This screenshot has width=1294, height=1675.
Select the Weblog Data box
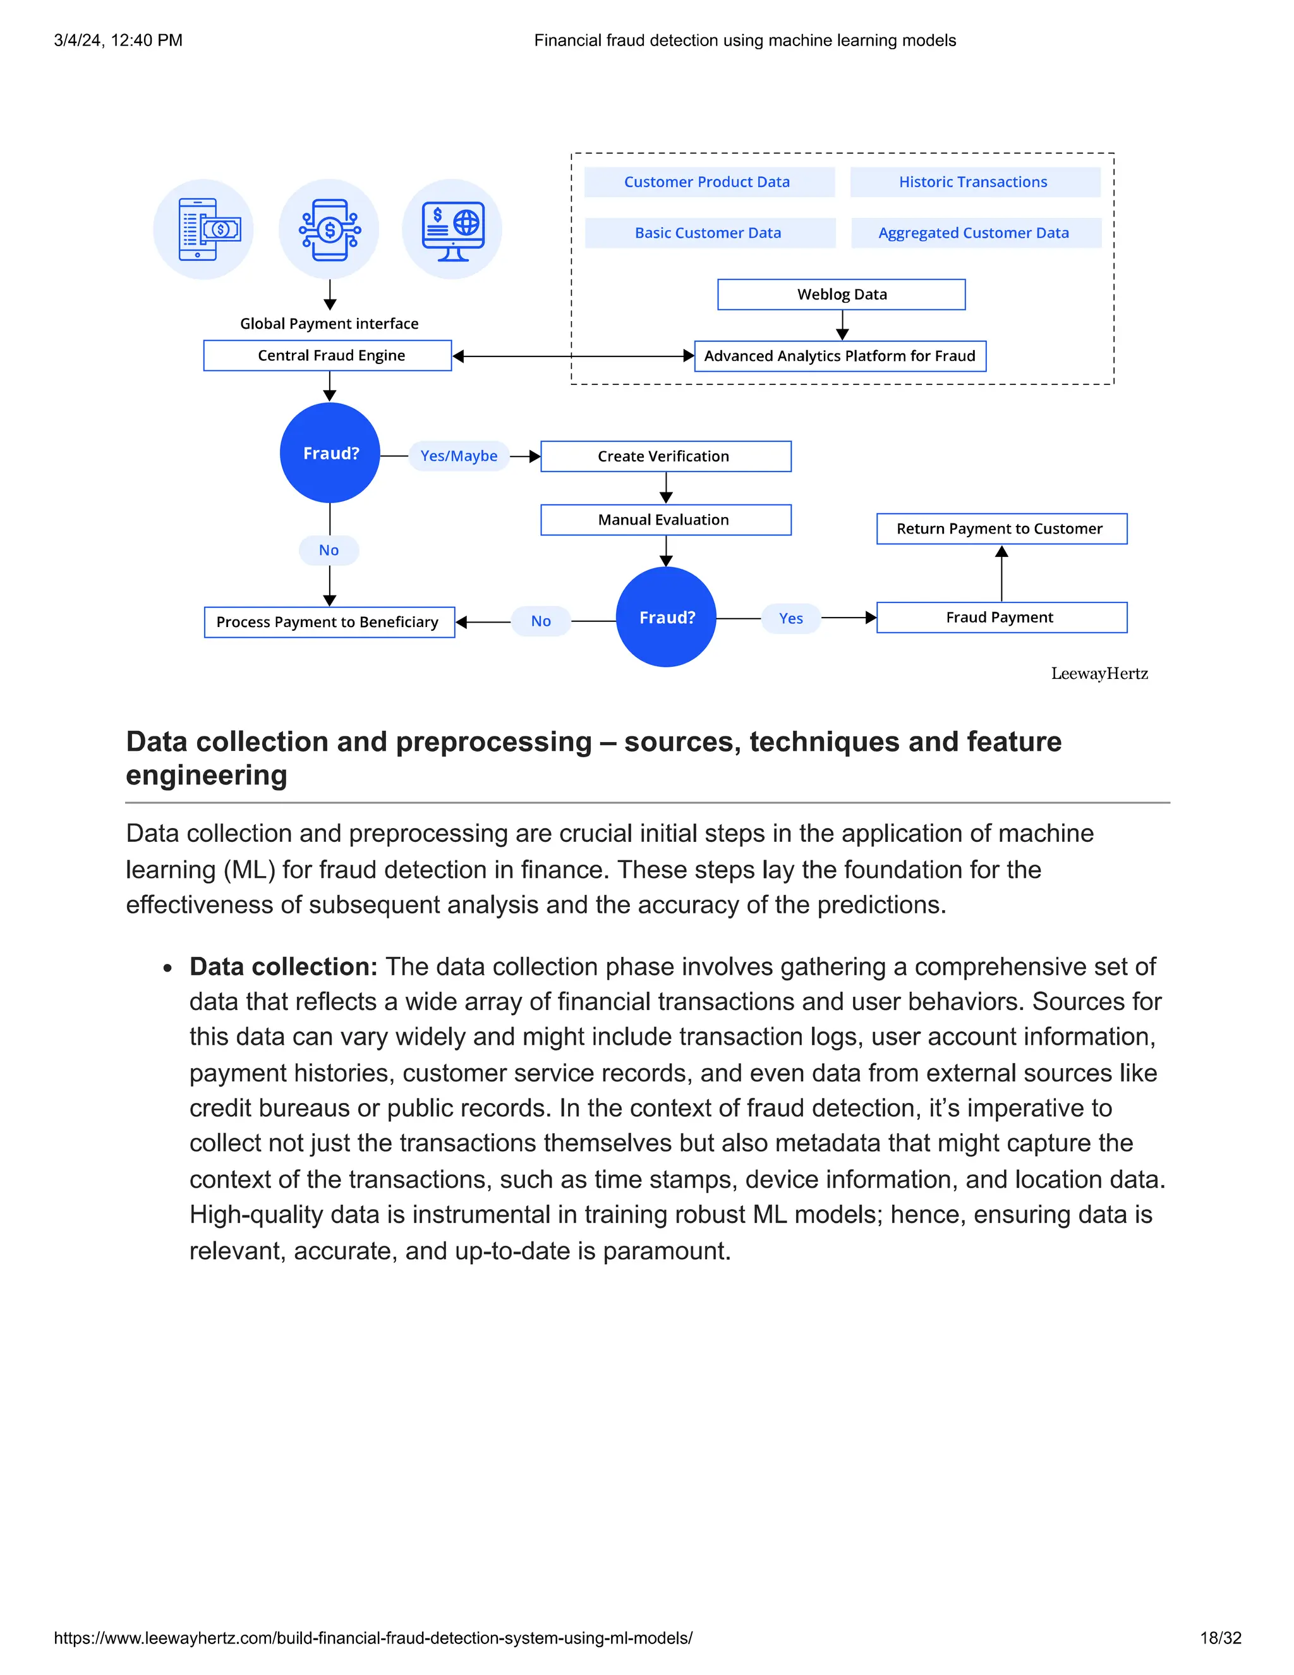click(x=841, y=295)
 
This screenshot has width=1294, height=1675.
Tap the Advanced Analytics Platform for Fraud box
click(x=840, y=356)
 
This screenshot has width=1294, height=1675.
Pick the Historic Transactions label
click(x=974, y=182)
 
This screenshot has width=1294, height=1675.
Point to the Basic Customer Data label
click(x=709, y=233)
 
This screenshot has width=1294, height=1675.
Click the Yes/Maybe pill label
click(x=459, y=456)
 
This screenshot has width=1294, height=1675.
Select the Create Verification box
click(x=665, y=456)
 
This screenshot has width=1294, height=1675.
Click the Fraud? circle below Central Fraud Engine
click(x=330, y=453)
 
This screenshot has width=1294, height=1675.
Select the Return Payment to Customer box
click(x=1001, y=528)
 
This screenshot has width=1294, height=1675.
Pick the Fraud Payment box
click(x=1001, y=618)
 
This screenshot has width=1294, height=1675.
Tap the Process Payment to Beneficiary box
click(x=329, y=622)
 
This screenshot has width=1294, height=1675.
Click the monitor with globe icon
click(x=452, y=229)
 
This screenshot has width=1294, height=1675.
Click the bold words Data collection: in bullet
click(x=283, y=966)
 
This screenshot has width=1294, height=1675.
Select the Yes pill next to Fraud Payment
click(x=790, y=618)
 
